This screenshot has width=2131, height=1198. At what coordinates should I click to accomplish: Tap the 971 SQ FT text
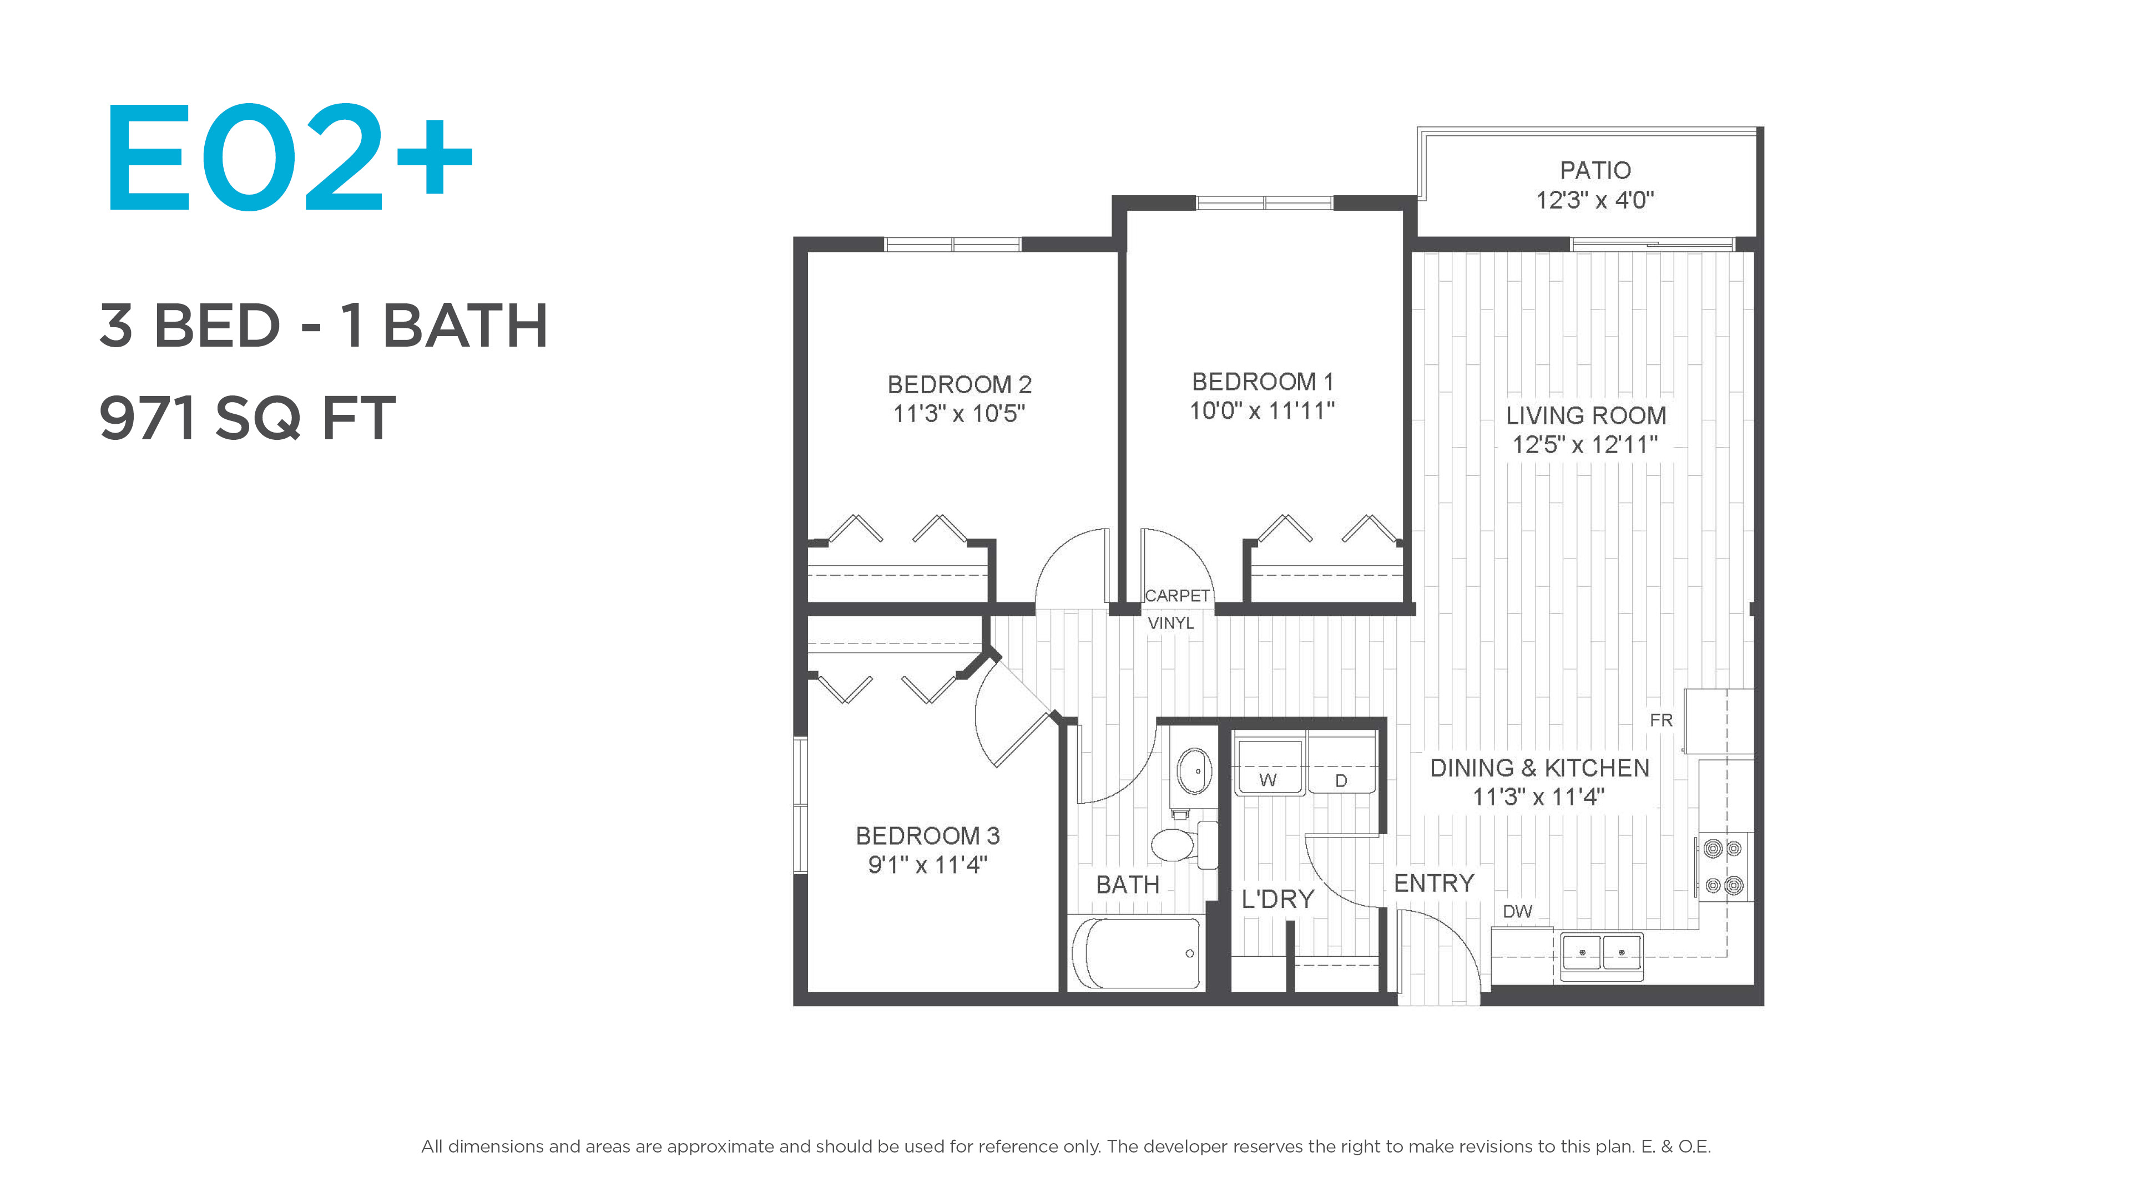(x=248, y=418)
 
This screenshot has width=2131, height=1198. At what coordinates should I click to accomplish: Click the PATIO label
(x=1595, y=170)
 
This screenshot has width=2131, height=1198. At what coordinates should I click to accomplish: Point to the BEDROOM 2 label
(x=960, y=384)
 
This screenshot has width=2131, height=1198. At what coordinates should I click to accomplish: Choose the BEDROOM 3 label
(x=927, y=836)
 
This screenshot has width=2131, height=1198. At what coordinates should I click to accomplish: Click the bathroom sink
(x=1194, y=771)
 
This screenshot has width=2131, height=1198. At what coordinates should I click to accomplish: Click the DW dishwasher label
(x=1517, y=912)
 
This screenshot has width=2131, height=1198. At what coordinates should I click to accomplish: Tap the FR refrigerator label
(x=1661, y=720)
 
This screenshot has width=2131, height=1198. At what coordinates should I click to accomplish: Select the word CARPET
(x=1177, y=595)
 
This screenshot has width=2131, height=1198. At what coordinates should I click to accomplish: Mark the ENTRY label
(x=1433, y=883)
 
